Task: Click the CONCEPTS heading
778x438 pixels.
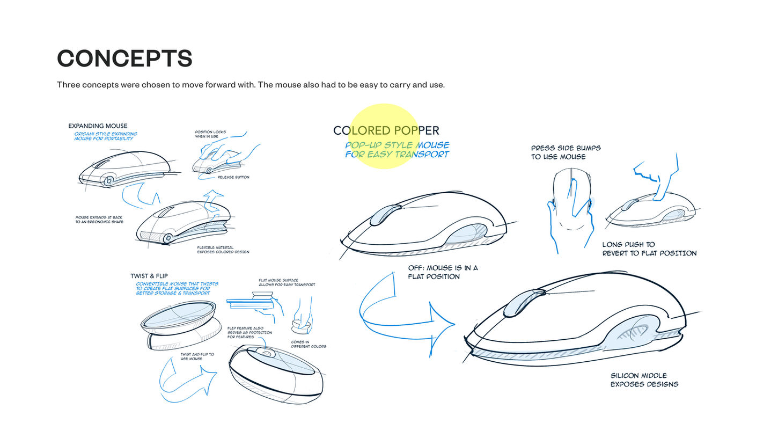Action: click(124, 59)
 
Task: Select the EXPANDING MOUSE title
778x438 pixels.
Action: click(98, 126)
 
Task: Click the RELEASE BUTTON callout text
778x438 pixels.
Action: click(233, 177)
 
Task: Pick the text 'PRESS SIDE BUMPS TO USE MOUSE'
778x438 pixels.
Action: click(566, 152)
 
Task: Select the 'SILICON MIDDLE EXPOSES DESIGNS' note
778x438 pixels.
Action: click(644, 380)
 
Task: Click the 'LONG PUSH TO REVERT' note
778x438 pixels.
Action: click(649, 249)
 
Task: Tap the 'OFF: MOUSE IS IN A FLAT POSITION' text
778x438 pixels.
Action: click(443, 272)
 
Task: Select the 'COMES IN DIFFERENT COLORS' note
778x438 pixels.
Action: click(309, 344)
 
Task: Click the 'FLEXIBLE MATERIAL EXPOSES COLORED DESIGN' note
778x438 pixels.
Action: click(223, 250)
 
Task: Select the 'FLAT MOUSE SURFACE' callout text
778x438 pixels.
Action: click(287, 282)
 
